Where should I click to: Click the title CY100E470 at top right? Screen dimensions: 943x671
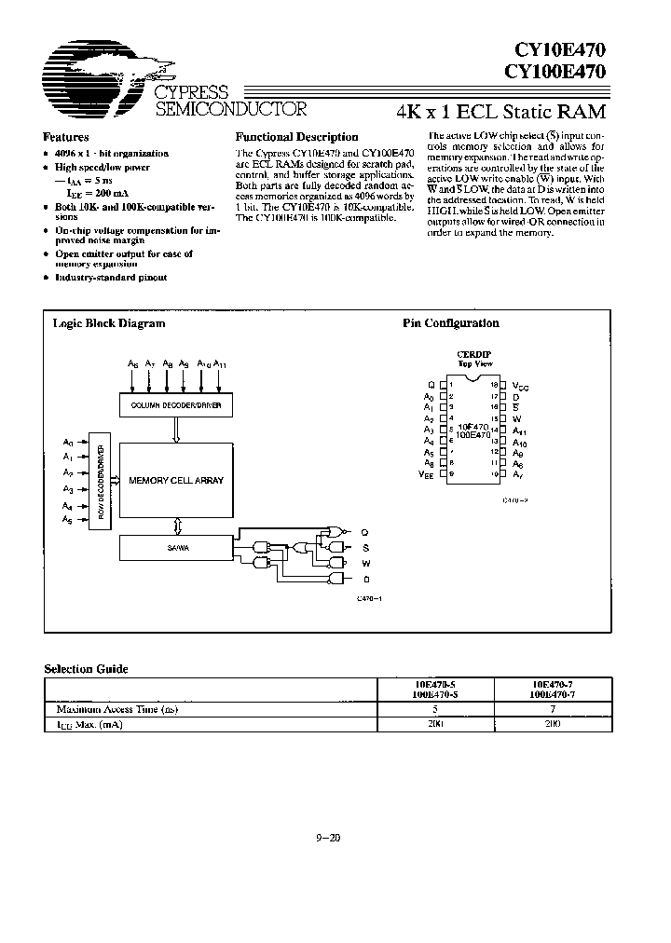556,70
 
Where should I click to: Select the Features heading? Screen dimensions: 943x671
67,136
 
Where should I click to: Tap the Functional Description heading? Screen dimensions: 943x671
296,137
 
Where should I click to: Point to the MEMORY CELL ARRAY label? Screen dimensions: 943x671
176,481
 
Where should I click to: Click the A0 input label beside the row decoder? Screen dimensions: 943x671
67,441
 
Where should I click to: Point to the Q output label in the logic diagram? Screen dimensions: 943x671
365,532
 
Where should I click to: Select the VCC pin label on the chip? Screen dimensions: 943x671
521,385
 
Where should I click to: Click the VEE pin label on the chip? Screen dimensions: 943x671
427,474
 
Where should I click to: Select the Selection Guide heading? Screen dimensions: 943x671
87,669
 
